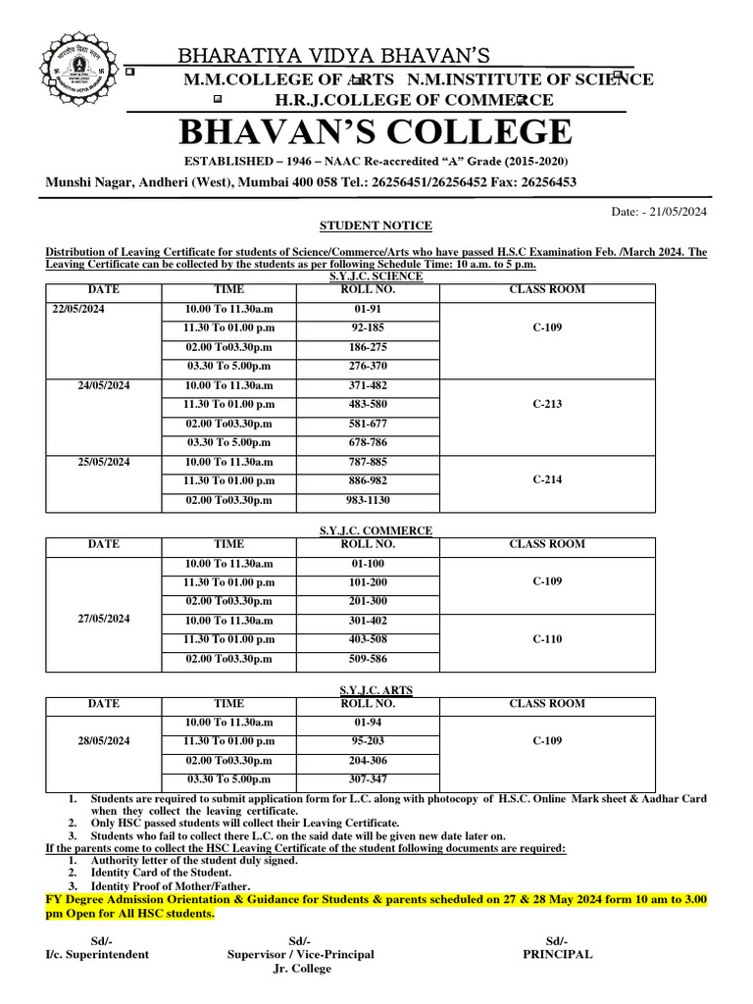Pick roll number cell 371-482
pos(368,385)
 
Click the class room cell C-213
pos(547,404)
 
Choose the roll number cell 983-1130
pos(368,500)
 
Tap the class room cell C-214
pos(547,480)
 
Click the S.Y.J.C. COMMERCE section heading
pos(376,530)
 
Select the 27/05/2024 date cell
pos(103,619)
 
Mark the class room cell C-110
pos(547,638)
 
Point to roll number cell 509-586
pos(368,658)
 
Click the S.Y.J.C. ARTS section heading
pos(367,690)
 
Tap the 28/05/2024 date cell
pos(103,741)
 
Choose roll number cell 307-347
pos(368,779)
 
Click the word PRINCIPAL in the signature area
pos(557,954)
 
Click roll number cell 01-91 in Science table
pos(368,309)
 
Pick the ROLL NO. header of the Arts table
pos(368,704)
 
